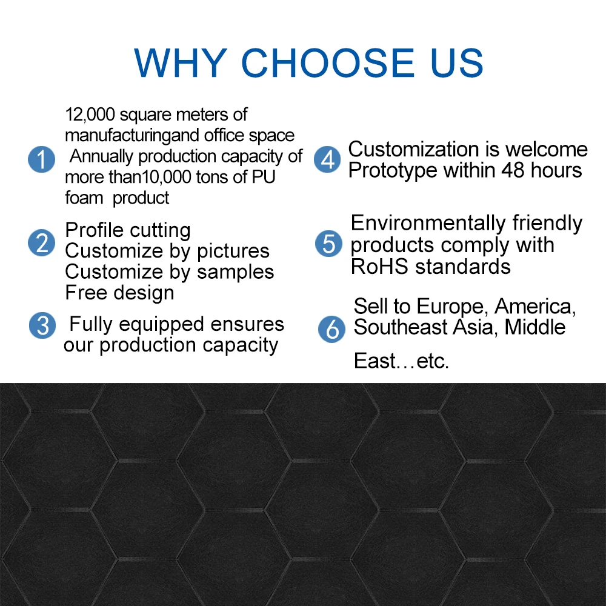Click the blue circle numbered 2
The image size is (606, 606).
(41, 243)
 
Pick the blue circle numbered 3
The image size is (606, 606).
(42, 326)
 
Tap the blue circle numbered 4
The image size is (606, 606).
(327, 160)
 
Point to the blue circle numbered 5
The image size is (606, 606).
(328, 244)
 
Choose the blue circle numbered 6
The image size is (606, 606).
(331, 329)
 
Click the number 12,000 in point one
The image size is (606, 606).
(88, 115)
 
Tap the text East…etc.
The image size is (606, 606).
(401, 362)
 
